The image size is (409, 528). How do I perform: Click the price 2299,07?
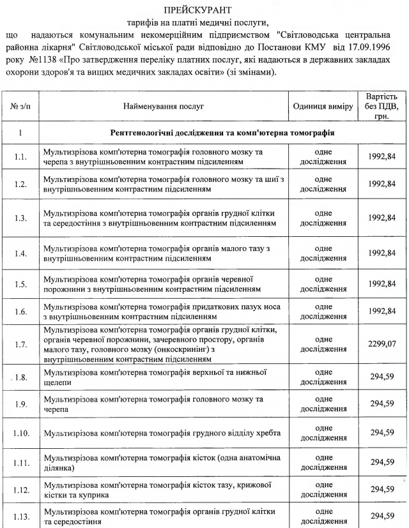tap(382, 344)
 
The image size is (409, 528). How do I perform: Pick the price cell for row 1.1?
tap(382, 157)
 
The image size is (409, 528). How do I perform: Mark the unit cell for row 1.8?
tap(323, 377)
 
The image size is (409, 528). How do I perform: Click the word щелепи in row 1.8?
tap(58, 383)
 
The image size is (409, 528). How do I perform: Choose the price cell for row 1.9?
tap(382, 404)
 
